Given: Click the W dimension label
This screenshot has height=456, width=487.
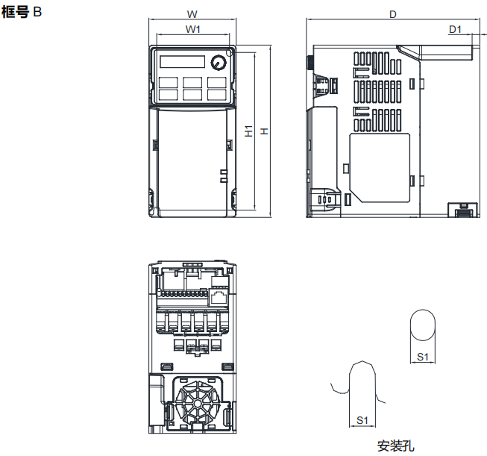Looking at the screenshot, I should coord(192,14).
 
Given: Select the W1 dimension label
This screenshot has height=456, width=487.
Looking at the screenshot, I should coord(192,29).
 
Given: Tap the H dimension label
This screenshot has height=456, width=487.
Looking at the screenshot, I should coord(263,131).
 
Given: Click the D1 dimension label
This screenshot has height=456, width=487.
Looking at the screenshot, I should coord(456,29).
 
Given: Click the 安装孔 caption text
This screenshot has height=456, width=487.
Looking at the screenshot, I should coord(395,446).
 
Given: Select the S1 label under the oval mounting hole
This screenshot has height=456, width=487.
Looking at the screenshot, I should coord(422,357).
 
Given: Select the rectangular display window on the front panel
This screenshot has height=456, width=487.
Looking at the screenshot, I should coord(180,62).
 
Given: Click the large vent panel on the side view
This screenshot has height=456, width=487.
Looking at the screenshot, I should coord(380,167).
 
